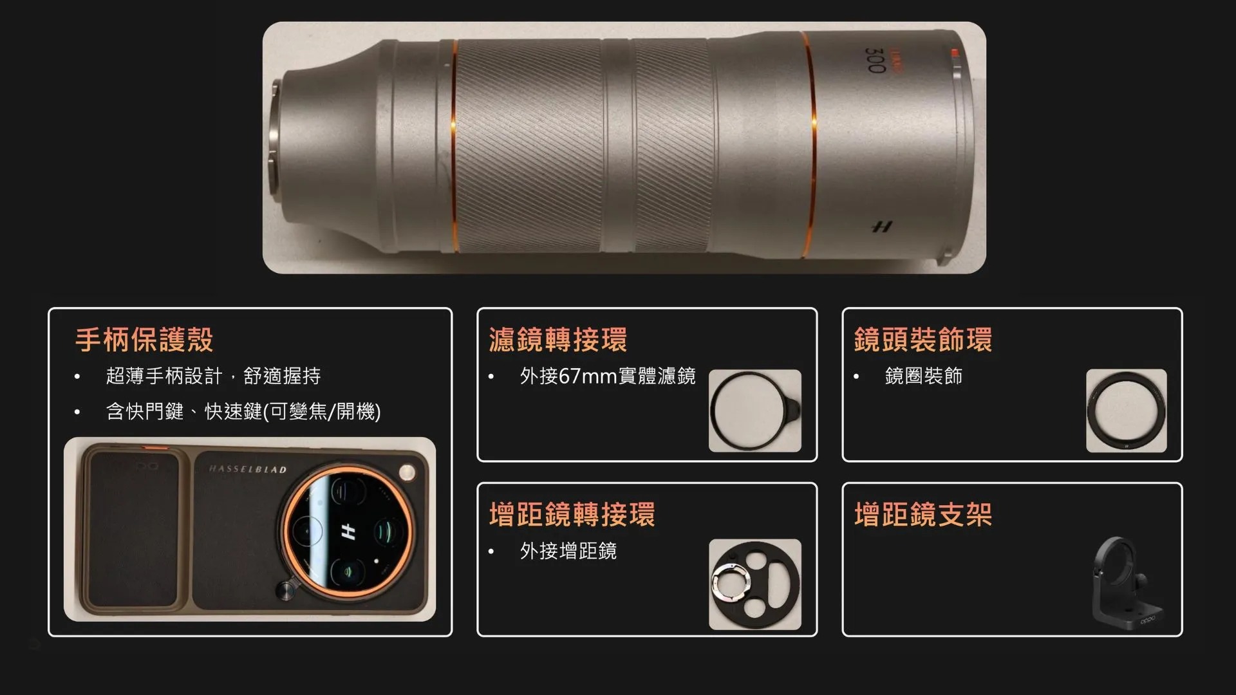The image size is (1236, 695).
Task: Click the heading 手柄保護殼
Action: pos(144,340)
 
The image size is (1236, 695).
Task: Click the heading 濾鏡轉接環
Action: pos(557,340)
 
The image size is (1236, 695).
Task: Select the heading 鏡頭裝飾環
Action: pos(923,340)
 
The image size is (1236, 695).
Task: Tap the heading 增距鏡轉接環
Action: pos(572,515)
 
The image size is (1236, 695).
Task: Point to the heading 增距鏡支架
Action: pos(923,515)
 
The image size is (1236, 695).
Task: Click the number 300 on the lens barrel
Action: pos(876,60)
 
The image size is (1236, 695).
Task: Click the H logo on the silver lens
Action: pos(882,227)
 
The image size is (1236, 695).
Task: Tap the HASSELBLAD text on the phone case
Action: pos(248,469)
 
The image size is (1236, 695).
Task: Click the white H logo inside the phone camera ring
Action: pos(348,532)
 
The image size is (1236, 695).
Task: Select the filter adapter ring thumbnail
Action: pos(755,411)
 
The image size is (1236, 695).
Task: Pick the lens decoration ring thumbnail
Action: pos(1127,411)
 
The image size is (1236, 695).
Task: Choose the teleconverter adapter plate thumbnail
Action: pos(755,584)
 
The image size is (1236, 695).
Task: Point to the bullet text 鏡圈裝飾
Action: pos(923,376)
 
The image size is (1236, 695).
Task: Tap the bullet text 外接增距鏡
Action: pos(568,551)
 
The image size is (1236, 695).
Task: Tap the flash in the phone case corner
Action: pos(407,473)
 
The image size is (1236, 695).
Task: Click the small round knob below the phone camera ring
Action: pos(286,589)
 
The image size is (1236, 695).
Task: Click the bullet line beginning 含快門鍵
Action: pos(243,411)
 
